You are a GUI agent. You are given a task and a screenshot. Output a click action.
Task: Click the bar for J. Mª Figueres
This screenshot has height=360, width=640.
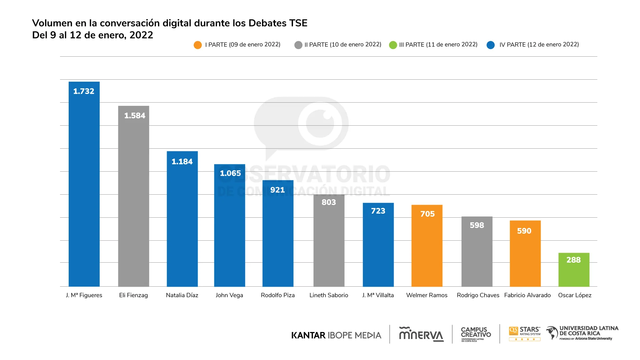coord(84,187)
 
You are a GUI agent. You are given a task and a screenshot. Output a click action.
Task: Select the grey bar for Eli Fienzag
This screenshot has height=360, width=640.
coord(133,200)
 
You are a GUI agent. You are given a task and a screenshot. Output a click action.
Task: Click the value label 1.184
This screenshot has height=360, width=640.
coord(182,162)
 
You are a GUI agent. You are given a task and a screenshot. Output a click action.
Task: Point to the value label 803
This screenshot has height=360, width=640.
coord(329,202)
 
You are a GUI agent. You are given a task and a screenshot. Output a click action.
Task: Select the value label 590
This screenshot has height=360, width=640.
coord(524,231)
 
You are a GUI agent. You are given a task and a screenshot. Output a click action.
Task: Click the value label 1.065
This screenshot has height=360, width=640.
coord(230,173)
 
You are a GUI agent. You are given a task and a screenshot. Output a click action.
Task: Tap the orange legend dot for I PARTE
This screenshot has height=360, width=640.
coord(198,45)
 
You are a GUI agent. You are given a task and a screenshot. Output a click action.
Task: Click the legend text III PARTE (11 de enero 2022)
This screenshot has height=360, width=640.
coord(438,45)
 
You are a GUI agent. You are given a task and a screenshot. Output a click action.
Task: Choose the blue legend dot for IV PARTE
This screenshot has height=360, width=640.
coord(491,45)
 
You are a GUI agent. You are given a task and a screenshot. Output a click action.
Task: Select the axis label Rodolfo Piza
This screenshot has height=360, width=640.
coord(278,295)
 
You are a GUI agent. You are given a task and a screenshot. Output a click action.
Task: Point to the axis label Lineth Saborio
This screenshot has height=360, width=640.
coord(329,295)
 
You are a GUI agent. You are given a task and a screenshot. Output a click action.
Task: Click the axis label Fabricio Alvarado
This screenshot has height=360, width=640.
coord(527,295)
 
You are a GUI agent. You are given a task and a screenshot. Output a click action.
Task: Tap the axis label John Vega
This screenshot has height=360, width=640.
coord(229,295)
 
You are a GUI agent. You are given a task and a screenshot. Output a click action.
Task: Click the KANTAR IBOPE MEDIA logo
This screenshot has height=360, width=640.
coord(336,335)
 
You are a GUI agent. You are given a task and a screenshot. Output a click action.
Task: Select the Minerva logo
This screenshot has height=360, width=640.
coord(421,334)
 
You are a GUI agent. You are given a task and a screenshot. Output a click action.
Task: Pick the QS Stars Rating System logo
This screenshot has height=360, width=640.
coord(525,334)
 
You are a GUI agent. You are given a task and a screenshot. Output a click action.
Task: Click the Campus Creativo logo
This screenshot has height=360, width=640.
coord(476,334)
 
